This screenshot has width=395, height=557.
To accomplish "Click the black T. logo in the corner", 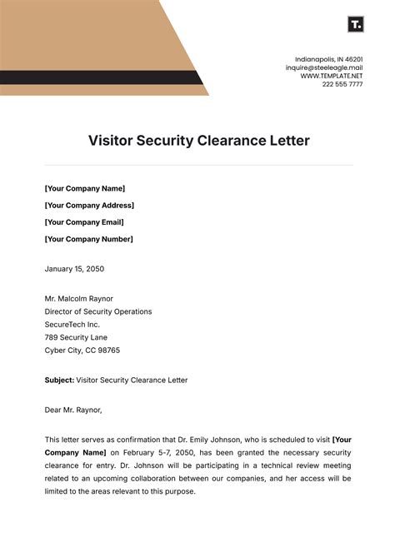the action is click(x=355, y=24).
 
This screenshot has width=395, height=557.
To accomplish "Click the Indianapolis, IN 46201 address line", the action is click(x=328, y=59).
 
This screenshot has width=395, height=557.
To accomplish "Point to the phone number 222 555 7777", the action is click(x=343, y=84).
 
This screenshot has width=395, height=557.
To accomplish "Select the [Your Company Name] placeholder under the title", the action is click(x=85, y=188).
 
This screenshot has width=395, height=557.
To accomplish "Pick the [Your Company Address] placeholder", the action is click(x=89, y=205).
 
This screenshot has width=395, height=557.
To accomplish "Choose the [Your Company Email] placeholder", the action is click(x=84, y=222).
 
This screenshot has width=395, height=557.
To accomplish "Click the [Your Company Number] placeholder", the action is click(x=88, y=239).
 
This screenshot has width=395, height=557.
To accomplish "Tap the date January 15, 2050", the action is click(x=74, y=269).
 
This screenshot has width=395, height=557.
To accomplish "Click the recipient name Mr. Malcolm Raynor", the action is click(x=79, y=298).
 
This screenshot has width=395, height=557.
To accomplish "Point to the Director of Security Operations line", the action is click(x=98, y=311).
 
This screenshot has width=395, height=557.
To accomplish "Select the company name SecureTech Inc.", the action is click(x=72, y=325).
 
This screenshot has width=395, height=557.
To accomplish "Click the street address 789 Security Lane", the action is click(x=77, y=337).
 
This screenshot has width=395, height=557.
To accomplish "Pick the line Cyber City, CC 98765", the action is click(x=82, y=351).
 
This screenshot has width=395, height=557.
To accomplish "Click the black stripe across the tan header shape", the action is click(x=100, y=78).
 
